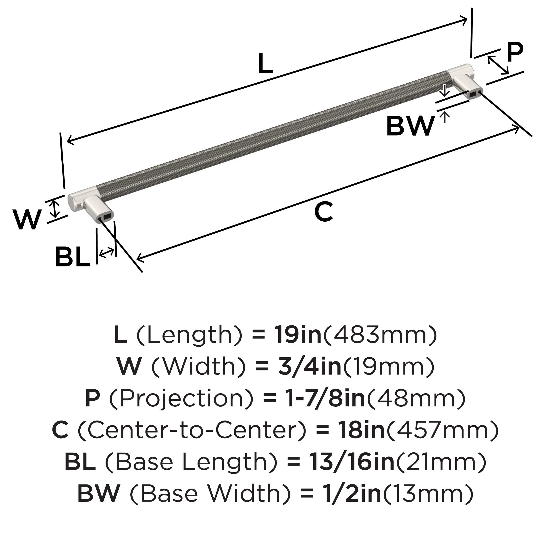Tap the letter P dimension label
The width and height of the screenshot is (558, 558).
(515, 52)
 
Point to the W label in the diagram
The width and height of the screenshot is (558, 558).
(27, 220)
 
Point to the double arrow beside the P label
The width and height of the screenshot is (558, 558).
(498, 65)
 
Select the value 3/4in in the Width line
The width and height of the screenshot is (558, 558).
(310, 366)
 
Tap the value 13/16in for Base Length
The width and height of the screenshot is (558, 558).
(352, 462)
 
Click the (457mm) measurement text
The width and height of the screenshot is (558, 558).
(442, 430)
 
